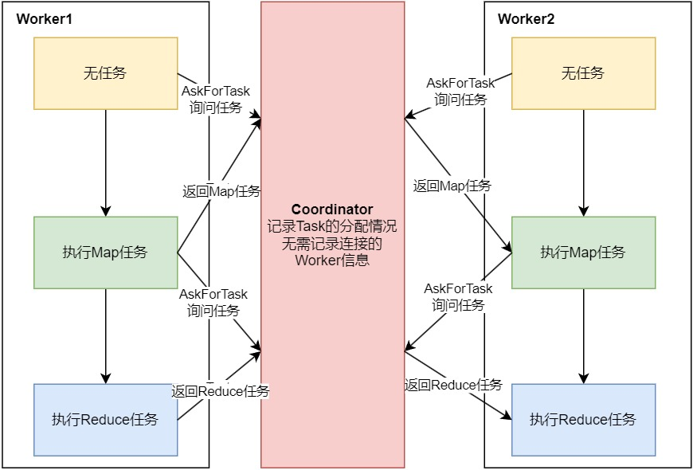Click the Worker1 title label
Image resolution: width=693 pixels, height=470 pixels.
tap(45, 18)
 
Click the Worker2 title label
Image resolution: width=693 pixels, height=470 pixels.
tap(526, 18)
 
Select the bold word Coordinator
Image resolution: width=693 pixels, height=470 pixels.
tap(332, 210)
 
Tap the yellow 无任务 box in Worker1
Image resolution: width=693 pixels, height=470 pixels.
tap(105, 73)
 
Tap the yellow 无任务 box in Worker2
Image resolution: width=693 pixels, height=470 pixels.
tap(583, 73)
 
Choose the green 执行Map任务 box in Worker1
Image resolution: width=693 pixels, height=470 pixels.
tap(105, 253)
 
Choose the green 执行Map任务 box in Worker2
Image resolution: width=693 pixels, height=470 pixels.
tap(583, 253)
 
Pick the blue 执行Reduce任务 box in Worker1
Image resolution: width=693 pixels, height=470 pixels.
tap(105, 420)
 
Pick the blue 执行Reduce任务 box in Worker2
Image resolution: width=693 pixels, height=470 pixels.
tap(583, 420)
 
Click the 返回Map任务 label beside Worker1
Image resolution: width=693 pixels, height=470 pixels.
tap(221, 191)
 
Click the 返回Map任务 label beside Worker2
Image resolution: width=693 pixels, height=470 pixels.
tap(452, 186)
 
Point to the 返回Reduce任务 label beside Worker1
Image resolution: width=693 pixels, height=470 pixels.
tap(221, 391)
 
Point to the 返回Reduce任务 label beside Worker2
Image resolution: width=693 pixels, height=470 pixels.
tap(453, 385)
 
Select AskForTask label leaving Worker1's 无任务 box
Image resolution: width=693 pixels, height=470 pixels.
tap(216, 91)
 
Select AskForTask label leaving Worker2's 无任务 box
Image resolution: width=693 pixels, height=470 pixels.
tap(460, 83)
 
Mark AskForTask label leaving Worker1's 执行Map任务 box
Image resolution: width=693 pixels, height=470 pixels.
tap(213, 294)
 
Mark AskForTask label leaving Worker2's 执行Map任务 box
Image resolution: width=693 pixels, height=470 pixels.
tap(458, 288)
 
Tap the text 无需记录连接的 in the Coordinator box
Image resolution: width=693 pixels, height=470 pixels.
tap(332, 244)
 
